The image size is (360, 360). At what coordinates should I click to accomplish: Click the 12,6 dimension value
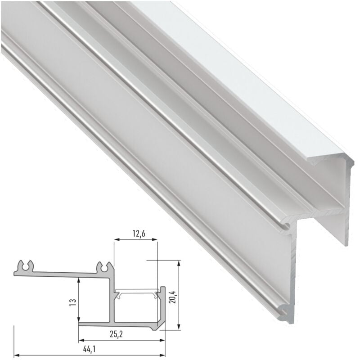(x=135, y=233)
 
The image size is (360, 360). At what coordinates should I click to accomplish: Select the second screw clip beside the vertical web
(x=105, y=266)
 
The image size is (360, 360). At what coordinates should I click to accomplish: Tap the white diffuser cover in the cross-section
(x=137, y=292)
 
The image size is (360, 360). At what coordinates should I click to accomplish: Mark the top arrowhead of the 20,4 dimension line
(x=179, y=262)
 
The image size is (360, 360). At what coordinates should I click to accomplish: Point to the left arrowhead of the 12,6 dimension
(x=116, y=241)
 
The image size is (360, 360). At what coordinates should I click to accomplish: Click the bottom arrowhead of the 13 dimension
(x=79, y=320)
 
